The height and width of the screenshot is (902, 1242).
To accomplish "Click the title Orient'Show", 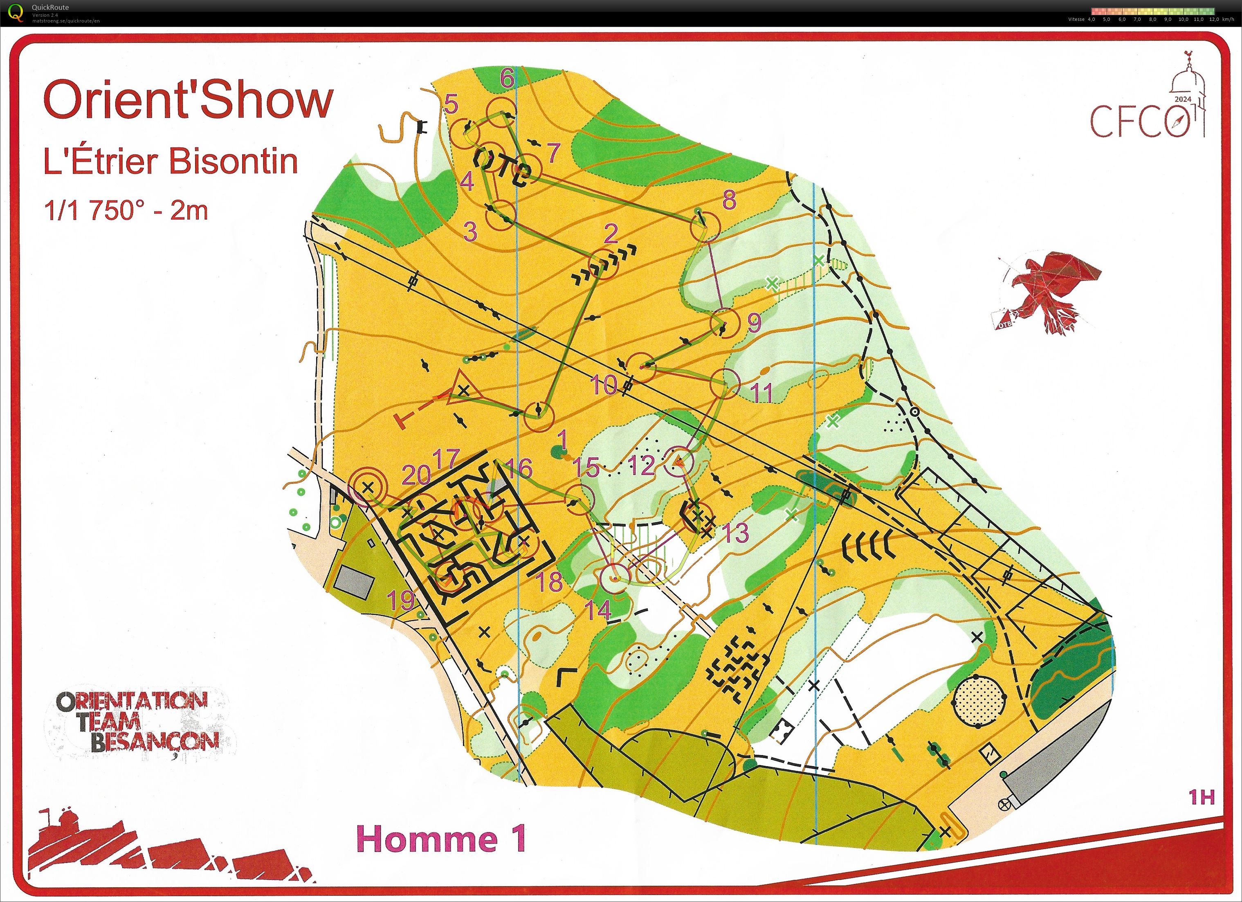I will [x=188, y=100].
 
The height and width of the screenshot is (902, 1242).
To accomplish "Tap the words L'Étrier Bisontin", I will [x=171, y=162].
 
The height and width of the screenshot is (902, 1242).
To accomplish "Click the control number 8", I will [x=729, y=200].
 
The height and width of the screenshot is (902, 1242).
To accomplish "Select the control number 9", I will [x=754, y=323].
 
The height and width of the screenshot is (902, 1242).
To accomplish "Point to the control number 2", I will [x=611, y=234].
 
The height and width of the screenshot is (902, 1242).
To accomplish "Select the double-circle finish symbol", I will [x=368, y=485].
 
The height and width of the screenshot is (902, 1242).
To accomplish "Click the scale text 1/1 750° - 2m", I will [x=126, y=210].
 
